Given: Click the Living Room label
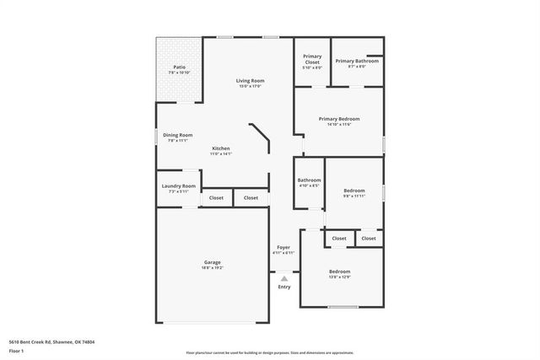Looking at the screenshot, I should tap(250, 81).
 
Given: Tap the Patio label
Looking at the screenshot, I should tap(179, 67).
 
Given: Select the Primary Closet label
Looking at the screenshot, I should tap(312, 59).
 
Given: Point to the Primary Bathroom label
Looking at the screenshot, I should tap(356, 61).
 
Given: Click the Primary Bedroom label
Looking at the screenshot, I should tap(339, 119).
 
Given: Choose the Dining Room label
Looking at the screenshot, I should tap(177, 135).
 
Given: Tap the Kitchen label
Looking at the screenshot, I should tap(220, 148).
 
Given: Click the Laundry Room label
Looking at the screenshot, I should tap(178, 186).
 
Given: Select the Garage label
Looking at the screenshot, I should tap(212, 262).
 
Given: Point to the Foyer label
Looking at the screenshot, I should tap(283, 248).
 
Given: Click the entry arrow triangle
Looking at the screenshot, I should tap(284, 278).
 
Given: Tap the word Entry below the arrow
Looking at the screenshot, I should tap(284, 287).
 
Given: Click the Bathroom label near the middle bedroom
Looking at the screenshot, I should tap(309, 180).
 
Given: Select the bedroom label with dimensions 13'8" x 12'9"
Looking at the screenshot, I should tap(339, 271).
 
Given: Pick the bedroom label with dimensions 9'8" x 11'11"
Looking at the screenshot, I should tap(354, 191).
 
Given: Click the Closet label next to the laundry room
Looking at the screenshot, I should tap(216, 198).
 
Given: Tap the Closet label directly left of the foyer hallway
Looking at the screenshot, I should tap(251, 198).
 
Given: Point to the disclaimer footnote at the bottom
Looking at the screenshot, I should tap(270, 352).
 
